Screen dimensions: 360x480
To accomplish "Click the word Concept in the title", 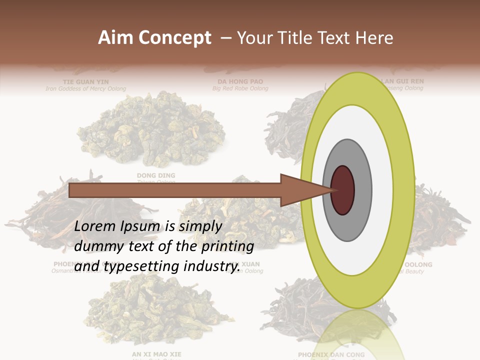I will tap(174, 38).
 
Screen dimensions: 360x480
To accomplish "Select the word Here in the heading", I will tap(374, 38).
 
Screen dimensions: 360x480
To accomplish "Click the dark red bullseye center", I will tap(342, 190).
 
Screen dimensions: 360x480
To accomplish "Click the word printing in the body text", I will tap(227, 246).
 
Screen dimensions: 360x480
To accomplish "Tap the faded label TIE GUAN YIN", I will tap(85, 81).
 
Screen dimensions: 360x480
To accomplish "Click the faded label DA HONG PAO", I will tap(240, 81).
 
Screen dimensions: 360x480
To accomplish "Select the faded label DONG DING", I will tap(156, 175).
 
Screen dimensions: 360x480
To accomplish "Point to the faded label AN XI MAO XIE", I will tap(156, 354).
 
